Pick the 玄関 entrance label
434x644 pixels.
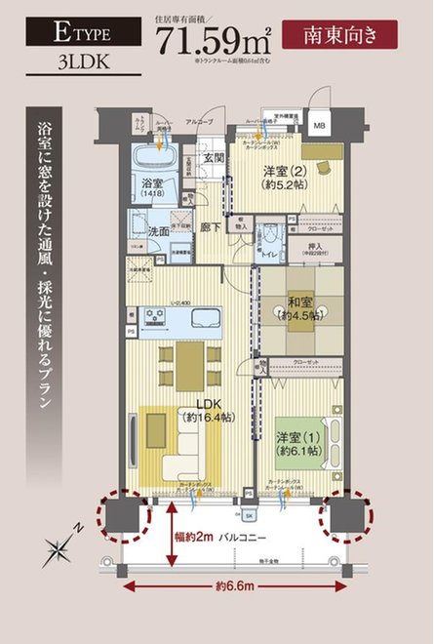point(214,158)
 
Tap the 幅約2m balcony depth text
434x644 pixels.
point(192,536)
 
